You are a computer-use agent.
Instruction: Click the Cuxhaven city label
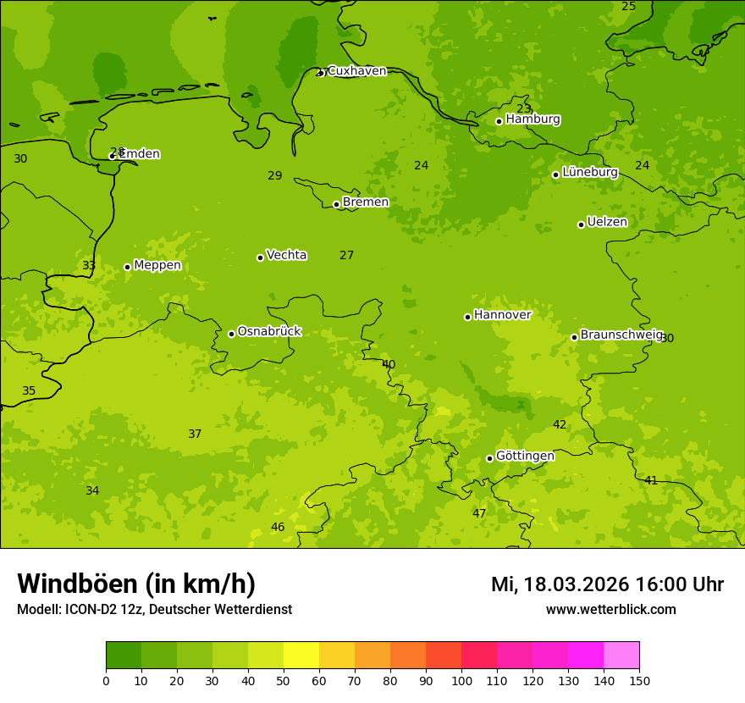[x=356, y=71]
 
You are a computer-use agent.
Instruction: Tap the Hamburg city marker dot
[x=499, y=121]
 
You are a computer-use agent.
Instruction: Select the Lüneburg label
[x=589, y=172]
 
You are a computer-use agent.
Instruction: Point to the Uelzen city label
[x=607, y=222]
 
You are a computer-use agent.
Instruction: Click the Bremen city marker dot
[x=336, y=204]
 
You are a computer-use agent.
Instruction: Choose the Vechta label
[x=286, y=255]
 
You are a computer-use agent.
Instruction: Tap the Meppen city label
[x=157, y=265]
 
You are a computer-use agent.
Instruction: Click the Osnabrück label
[x=269, y=331]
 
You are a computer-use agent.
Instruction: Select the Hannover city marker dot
[x=467, y=317]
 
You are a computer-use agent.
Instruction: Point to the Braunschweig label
[x=621, y=335]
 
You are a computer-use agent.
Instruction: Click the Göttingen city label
[x=525, y=456]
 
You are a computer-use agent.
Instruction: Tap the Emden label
[x=140, y=154]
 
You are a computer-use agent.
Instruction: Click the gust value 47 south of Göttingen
[x=479, y=513]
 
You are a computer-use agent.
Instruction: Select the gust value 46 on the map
[x=278, y=527]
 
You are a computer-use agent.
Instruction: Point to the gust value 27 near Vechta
[x=346, y=255]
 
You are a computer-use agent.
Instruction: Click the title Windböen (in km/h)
[x=136, y=584]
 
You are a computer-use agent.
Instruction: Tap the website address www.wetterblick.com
[x=610, y=609]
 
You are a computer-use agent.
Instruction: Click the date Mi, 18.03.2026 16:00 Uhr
[x=607, y=584]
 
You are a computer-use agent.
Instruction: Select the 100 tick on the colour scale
[x=461, y=680]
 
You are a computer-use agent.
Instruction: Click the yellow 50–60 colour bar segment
[x=301, y=655]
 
